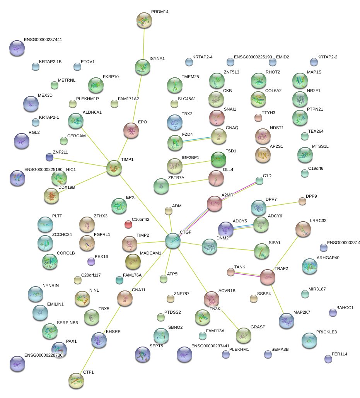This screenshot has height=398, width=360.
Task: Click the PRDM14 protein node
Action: pos(144,20)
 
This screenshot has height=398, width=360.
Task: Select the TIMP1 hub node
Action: pos(114,168)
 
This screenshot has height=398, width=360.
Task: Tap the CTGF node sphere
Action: pos(172,240)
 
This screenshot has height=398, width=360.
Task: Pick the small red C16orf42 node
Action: pos(128,224)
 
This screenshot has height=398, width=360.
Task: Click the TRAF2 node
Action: pos(267,277)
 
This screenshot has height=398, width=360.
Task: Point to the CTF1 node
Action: pos(76,381)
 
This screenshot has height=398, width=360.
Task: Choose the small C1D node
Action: pos(259,181)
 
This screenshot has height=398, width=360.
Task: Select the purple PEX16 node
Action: pos(91,262)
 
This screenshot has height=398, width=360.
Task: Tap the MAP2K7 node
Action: pos(286,321)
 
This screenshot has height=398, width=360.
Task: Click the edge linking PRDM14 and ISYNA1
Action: pos(143,43)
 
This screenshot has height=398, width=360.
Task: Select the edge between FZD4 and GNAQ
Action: pos(197,140)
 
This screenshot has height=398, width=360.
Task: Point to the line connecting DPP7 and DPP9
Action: pos(282,204)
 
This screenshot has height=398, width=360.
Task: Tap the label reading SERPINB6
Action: pos(67,323)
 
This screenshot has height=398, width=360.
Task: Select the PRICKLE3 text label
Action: pos(326,332)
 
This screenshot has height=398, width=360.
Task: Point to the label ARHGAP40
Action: pos(328,258)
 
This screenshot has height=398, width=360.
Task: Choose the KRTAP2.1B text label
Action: pos(50,62)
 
